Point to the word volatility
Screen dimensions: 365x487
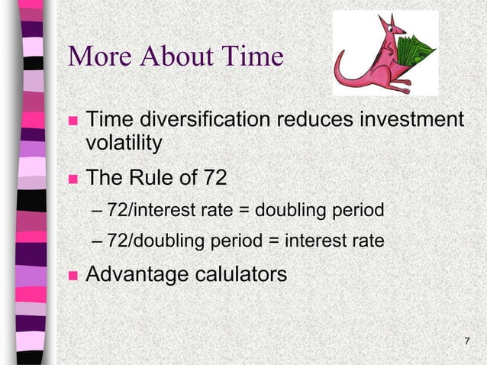(124, 143)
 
